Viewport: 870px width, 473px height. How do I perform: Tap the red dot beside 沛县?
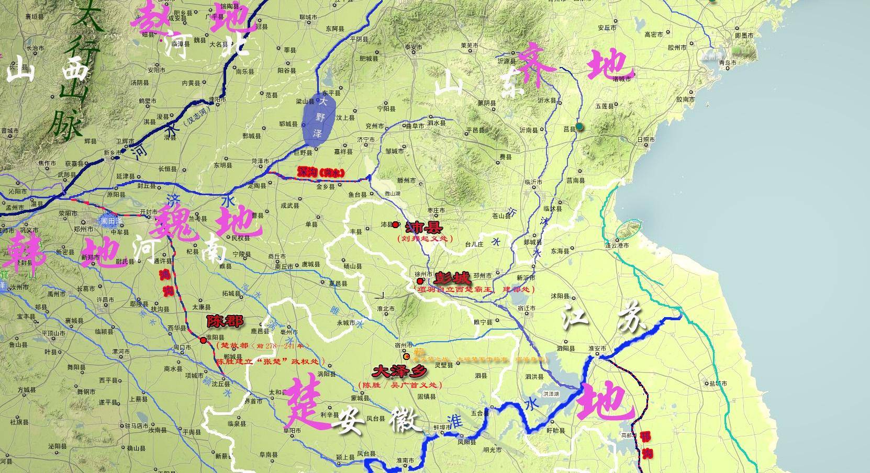coord(395,225)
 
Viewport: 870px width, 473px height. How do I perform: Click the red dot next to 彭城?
coord(420,281)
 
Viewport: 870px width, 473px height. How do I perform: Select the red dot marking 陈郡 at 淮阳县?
coord(203,340)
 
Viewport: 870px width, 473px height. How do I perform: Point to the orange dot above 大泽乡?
coord(407,356)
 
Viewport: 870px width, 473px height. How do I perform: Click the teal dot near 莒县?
coord(580,127)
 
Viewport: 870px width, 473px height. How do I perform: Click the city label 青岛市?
coord(728,63)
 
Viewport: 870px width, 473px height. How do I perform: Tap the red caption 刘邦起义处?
coord(424,239)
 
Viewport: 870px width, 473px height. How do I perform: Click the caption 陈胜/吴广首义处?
coord(400,385)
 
